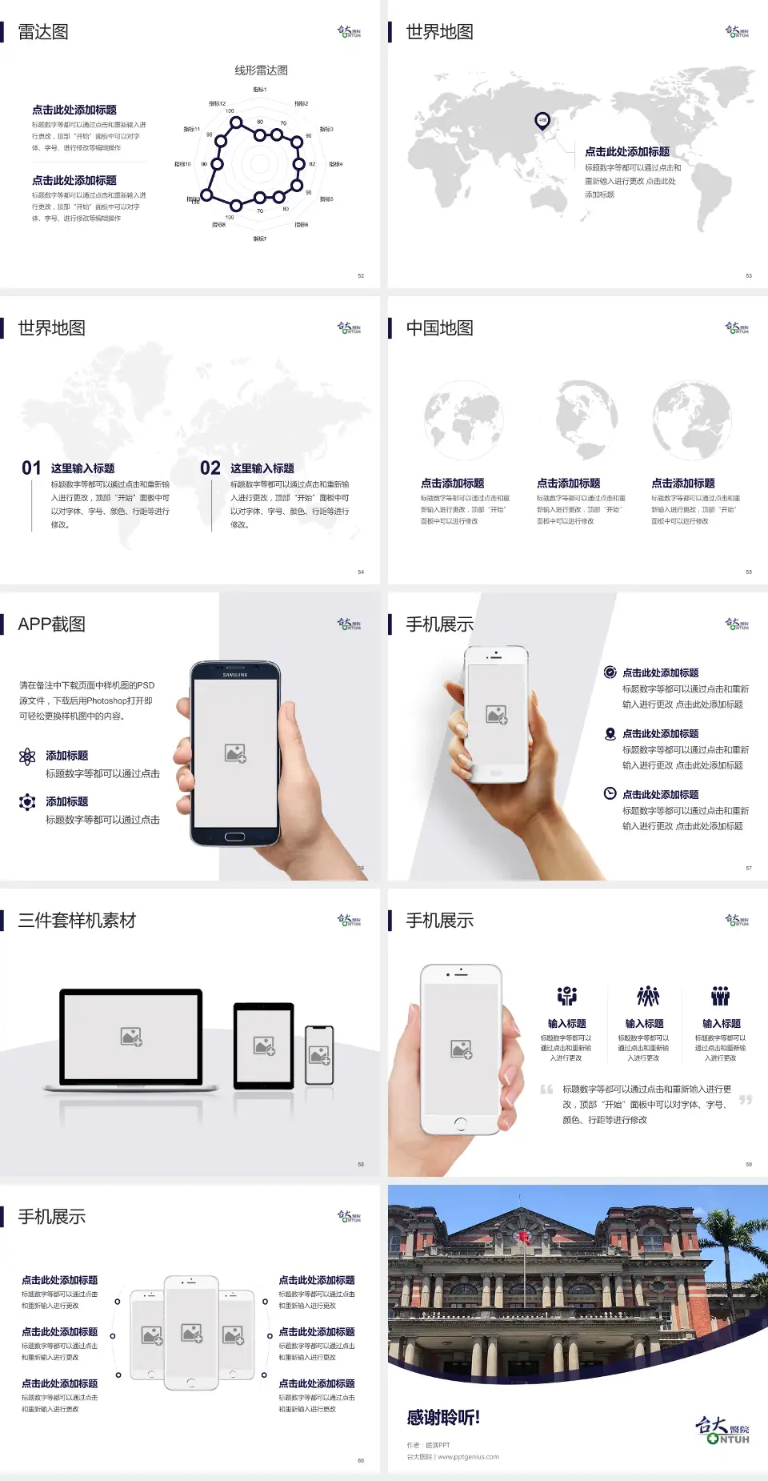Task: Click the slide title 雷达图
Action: click(x=43, y=32)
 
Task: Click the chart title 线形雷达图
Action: click(x=261, y=70)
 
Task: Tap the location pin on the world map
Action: click(x=542, y=121)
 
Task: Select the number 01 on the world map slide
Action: click(x=31, y=468)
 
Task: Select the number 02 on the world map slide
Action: click(x=210, y=468)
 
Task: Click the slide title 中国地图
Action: click(x=439, y=328)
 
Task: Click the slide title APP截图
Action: click(x=51, y=624)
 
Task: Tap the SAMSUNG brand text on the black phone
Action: click(x=235, y=675)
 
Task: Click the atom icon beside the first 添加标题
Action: click(x=27, y=757)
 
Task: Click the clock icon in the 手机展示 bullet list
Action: click(x=610, y=793)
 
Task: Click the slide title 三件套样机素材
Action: click(x=77, y=921)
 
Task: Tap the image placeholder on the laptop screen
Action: click(x=131, y=1037)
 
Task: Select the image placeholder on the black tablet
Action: click(x=264, y=1046)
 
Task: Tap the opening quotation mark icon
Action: click(x=546, y=1089)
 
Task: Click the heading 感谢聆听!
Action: click(x=443, y=1418)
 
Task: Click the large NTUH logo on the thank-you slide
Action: click(x=722, y=1430)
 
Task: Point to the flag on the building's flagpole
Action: click(x=525, y=1238)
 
